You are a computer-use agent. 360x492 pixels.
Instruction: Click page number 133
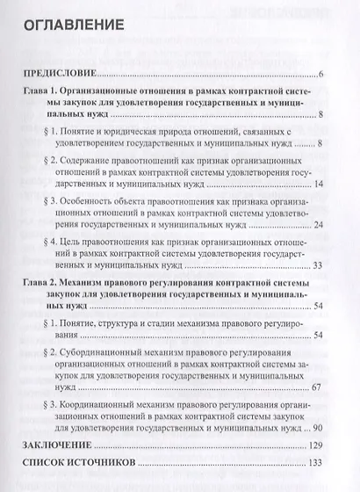[x=317, y=462]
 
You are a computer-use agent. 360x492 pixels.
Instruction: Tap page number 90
[x=320, y=426]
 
